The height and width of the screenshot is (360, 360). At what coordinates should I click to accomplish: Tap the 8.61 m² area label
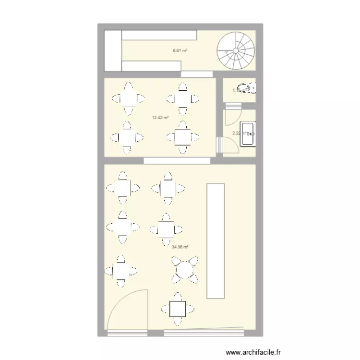click(180, 49)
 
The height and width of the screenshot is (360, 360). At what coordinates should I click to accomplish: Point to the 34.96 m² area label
click(180, 247)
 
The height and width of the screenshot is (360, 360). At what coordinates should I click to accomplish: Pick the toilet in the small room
click(247, 89)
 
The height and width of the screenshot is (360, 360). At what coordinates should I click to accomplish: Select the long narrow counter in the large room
click(215, 240)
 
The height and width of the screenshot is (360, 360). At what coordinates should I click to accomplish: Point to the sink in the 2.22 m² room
click(250, 133)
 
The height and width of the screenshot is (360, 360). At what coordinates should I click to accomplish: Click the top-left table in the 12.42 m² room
click(128, 99)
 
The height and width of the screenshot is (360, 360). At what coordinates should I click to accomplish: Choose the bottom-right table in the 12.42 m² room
click(182, 137)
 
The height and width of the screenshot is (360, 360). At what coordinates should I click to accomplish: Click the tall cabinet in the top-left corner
click(113, 50)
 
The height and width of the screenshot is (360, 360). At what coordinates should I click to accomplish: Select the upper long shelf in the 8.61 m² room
click(159, 35)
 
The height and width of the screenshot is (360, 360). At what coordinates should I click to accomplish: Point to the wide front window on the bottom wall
click(204, 332)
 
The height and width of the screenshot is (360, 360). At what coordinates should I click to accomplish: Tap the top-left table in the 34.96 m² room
click(122, 187)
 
